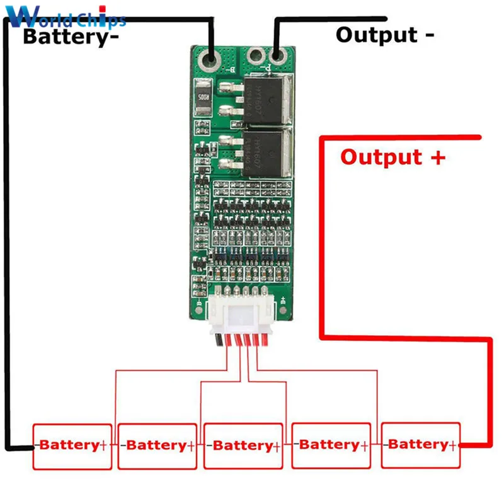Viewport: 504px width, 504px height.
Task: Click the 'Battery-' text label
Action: click(x=71, y=36)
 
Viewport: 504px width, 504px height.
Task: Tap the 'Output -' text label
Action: click(x=384, y=34)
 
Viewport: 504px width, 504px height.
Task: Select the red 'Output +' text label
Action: click(x=392, y=156)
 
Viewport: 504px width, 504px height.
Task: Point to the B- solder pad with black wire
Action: click(x=210, y=61)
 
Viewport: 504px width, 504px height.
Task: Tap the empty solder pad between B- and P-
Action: click(x=255, y=59)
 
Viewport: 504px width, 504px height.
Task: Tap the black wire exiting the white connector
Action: click(x=218, y=341)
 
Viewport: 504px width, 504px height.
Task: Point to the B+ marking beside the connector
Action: click(x=283, y=300)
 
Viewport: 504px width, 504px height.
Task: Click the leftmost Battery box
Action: click(x=72, y=446)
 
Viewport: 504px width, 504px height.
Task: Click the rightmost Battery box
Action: click(x=421, y=445)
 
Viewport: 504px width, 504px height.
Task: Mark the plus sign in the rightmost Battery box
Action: click(x=452, y=445)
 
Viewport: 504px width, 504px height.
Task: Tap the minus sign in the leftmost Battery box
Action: click(x=37, y=445)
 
